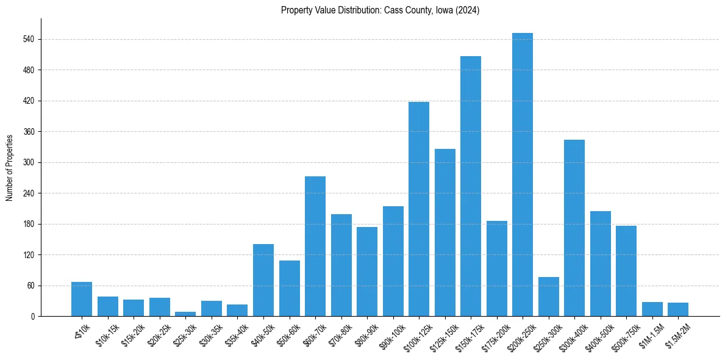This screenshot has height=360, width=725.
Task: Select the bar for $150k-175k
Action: pyautogui.click(x=471, y=186)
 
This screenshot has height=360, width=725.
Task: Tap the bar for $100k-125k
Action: pyautogui.click(x=419, y=209)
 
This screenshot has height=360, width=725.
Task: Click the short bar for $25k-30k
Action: pyautogui.click(x=185, y=314)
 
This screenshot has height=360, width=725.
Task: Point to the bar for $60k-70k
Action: pyautogui.click(x=315, y=246)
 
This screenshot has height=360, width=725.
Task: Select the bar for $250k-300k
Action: pyautogui.click(x=549, y=297)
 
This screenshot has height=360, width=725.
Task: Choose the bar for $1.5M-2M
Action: pyautogui.click(x=678, y=309)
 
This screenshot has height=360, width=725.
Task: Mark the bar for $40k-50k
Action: pyautogui.click(x=263, y=280)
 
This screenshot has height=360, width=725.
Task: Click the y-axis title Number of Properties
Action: pyautogui.click(x=9, y=167)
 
